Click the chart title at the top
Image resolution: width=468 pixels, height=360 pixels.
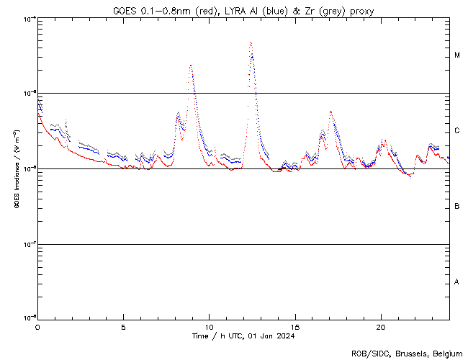point(243,11)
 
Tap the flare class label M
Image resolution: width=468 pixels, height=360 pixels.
point(457,55)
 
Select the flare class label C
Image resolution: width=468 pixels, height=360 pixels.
point(457,131)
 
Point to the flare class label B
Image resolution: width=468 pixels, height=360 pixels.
point(457,207)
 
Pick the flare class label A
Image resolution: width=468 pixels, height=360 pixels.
point(457,282)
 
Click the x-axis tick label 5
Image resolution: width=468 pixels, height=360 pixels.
point(123,327)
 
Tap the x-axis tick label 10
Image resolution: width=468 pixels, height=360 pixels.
point(209,327)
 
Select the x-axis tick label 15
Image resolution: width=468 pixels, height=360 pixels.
point(294,327)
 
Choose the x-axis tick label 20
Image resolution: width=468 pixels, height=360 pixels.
point(380,327)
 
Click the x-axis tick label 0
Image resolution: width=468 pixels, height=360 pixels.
point(37,327)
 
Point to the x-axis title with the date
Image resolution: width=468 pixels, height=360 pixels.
point(243,336)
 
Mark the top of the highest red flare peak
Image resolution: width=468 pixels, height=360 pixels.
point(251,42)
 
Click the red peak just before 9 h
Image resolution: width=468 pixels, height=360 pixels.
point(190,65)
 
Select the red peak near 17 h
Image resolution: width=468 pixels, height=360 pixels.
point(330,112)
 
